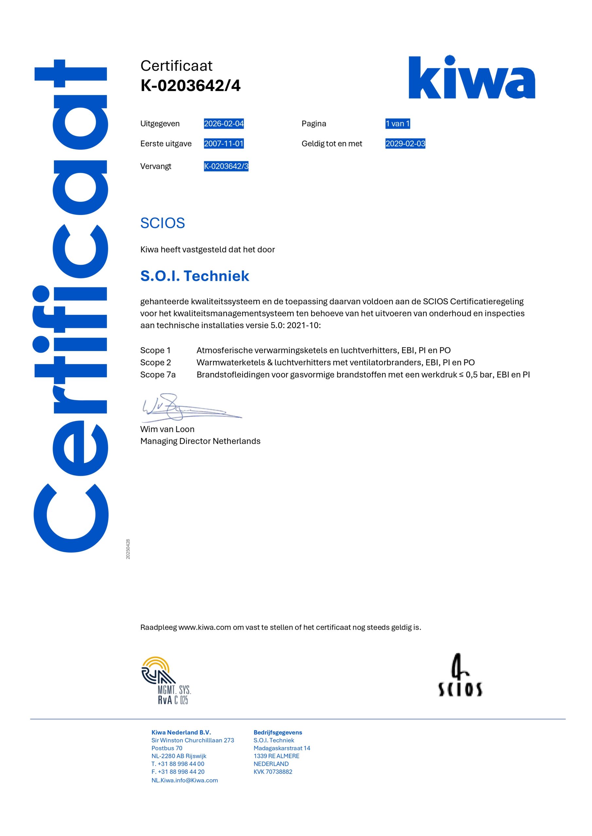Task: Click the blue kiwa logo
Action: pyautogui.click(x=471, y=77)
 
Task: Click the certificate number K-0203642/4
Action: pyautogui.click(x=190, y=86)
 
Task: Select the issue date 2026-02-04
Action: pyautogui.click(x=224, y=124)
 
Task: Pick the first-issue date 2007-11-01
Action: pyautogui.click(x=224, y=144)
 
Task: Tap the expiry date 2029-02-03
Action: pyautogui.click(x=405, y=144)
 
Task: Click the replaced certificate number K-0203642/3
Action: pyautogui.click(x=226, y=167)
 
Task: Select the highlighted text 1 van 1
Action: pyautogui.click(x=397, y=124)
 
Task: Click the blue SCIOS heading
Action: pyautogui.click(x=162, y=223)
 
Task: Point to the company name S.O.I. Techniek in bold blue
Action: pyautogui.click(x=195, y=276)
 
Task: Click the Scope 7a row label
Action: pyautogui.click(x=158, y=375)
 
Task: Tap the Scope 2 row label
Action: pyautogui.click(x=156, y=363)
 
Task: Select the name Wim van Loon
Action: pyautogui.click(x=167, y=429)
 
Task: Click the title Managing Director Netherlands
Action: pyautogui.click(x=200, y=441)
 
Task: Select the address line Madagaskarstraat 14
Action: pyautogui.click(x=282, y=748)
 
